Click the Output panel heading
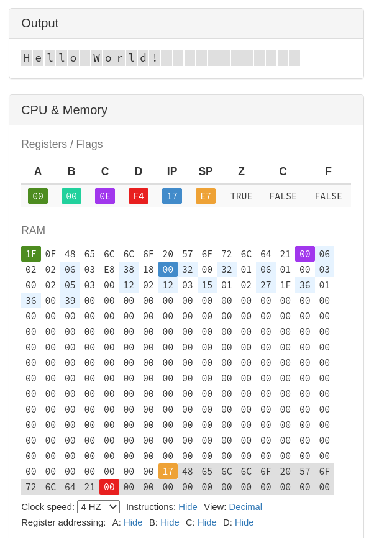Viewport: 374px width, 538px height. (x=40, y=24)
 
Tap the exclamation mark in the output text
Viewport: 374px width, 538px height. (x=155, y=58)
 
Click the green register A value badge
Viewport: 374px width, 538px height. (x=38, y=196)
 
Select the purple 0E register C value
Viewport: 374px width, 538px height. (x=105, y=196)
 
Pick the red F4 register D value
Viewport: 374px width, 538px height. (x=139, y=196)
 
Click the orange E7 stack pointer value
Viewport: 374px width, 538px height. (x=206, y=196)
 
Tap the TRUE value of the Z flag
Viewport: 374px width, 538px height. (x=241, y=196)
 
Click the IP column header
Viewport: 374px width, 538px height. (x=172, y=171)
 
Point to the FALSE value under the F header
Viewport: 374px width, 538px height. (x=328, y=196)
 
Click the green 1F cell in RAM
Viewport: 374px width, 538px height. (x=31, y=254)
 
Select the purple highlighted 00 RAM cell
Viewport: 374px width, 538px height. (x=304, y=254)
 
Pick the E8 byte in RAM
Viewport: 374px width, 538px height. (x=109, y=270)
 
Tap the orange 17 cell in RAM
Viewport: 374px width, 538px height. (x=168, y=472)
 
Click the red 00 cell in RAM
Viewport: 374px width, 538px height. (x=109, y=487)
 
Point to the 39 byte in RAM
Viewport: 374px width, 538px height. (x=70, y=301)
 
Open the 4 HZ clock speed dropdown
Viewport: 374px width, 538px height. (x=98, y=507)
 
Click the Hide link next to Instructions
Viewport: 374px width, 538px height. (x=188, y=507)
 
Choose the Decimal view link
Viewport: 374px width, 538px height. (x=245, y=507)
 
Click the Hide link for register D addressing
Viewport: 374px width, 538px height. (x=244, y=522)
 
